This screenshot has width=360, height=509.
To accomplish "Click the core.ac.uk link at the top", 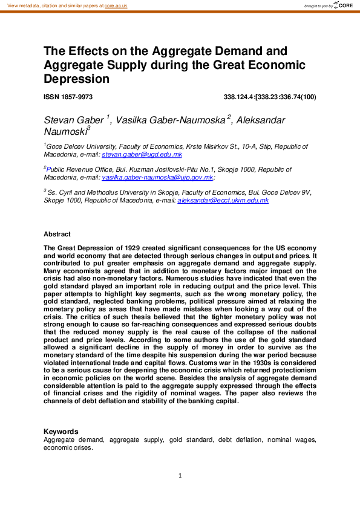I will [116, 5].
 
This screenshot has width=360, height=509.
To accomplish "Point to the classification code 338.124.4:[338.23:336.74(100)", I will [270, 97].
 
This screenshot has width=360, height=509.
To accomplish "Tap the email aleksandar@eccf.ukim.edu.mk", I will [223, 200].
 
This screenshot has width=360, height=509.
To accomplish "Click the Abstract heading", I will [57, 234].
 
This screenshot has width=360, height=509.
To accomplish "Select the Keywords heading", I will [61, 432].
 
